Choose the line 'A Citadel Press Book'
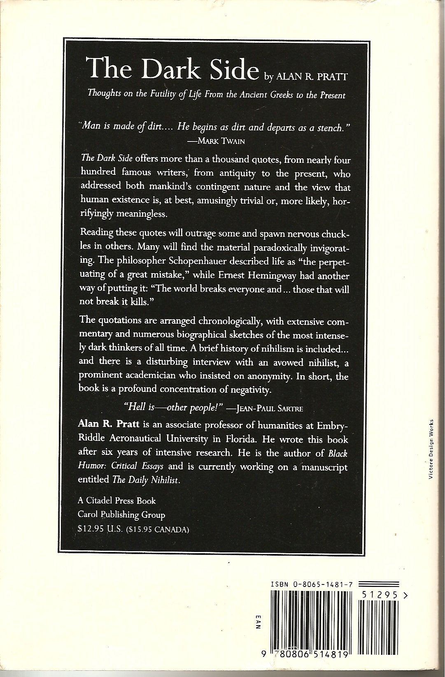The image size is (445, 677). pyautogui.click(x=117, y=501)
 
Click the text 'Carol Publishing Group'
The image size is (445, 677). pyautogui.click(x=121, y=515)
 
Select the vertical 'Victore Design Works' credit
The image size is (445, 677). pyautogui.click(x=431, y=449)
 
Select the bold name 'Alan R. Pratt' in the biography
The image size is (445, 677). pyautogui.click(x=107, y=424)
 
